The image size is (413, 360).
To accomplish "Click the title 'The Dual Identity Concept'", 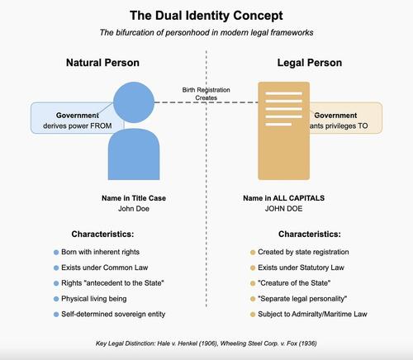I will (x=206, y=15).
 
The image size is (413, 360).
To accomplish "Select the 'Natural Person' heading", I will (x=102, y=63).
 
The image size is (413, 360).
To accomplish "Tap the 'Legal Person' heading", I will (x=310, y=63).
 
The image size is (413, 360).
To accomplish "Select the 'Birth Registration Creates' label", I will (x=206, y=94).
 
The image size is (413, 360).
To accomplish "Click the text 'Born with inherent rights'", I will (x=97, y=252).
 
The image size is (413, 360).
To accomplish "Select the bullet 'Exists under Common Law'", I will (x=99, y=268).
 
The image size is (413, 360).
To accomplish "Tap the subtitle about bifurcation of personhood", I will (x=206, y=32).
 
